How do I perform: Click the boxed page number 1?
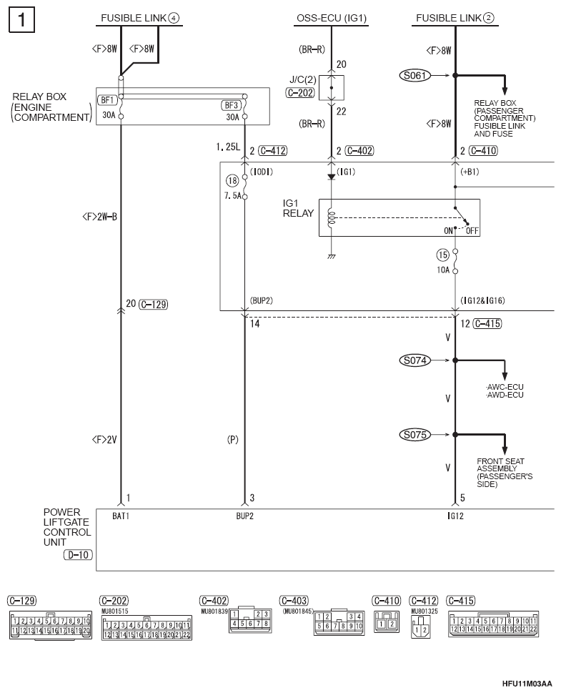(x=21, y=20)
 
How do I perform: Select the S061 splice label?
(x=414, y=76)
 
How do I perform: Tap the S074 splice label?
(x=414, y=360)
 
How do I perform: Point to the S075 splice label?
(x=414, y=434)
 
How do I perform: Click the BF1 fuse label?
(x=107, y=100)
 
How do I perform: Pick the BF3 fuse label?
(x=232, y=105)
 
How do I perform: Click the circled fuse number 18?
(x=232, y=180)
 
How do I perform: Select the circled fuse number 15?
(x=442, y=255)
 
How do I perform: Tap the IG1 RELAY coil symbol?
(x=332, y=218)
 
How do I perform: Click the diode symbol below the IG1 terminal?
(x=332, y=177)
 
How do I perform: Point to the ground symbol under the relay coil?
(x=332, y=256)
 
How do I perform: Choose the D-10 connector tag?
(x=78, y=555)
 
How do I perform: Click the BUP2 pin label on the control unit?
(x=244, y=516)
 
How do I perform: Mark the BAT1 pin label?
(x=121, y=516)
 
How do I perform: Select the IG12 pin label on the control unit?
(x=455, y=516)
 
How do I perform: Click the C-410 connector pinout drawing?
(x=387, y=622)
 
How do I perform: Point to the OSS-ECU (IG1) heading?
(x=332, y=18)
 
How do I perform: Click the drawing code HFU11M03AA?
(x=527, y=683)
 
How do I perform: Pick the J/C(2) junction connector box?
(x=332, y=88)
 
